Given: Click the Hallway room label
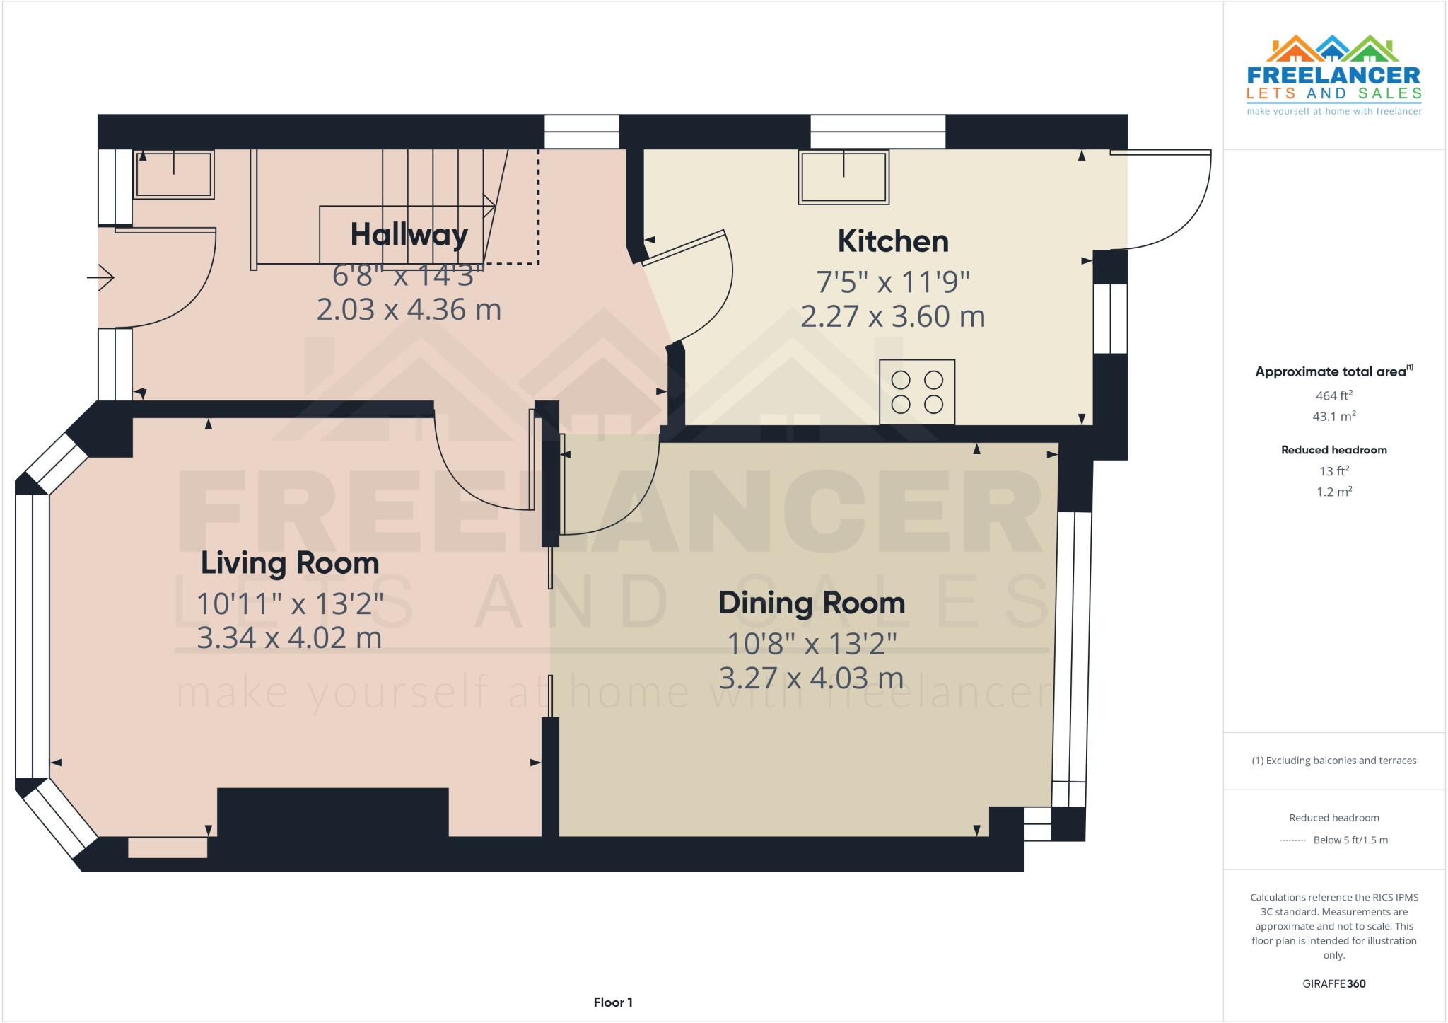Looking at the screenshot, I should click(x=409, y=234).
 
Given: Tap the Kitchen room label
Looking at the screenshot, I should click(x=893, y=241).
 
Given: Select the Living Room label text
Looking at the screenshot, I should click(x=290, y=563).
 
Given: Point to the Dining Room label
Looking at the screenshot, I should click(x=812, y=603).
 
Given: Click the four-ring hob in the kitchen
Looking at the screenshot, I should click(x=917, y=392).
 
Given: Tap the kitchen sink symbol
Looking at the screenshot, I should click(x=843, y=177).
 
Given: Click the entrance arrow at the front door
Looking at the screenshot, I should click(x=100, y=277).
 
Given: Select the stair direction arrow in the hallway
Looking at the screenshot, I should click(x=488, y=207).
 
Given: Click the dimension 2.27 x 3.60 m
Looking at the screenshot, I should click(x=893, y=316).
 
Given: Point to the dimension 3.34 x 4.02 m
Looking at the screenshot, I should click(x=289, y=638).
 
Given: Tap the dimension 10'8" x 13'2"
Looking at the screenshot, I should click(x=812, y=644).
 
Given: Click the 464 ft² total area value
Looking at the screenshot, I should click(x=1333, y=395).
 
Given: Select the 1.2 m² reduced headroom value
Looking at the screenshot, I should click(x=1333, y=492).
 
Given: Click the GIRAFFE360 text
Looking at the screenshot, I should click(x=1333, y=983).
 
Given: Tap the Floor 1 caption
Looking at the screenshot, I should click(x=613, y=1002).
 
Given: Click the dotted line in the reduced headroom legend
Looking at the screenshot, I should click(x=1292, y=840).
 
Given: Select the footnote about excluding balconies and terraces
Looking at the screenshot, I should click(x=1333, y=761).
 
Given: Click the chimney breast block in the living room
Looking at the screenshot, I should click(x=332, y=812).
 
